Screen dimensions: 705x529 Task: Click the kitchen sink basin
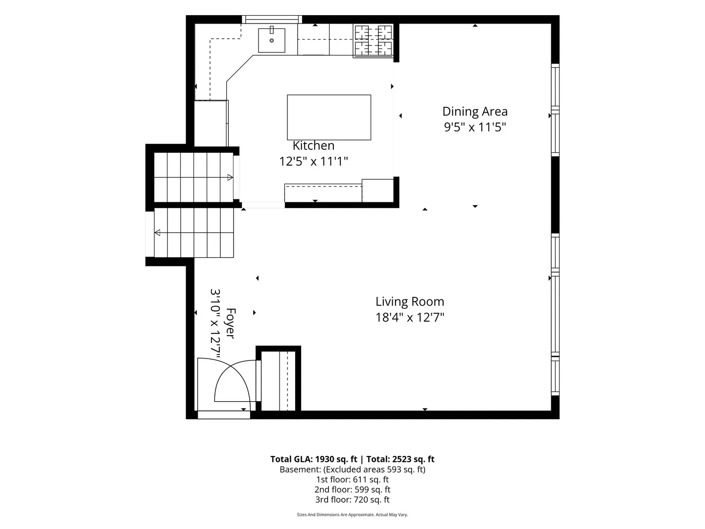(271, 41)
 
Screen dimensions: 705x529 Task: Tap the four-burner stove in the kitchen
(373, 41)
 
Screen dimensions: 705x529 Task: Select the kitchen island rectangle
(329, 117)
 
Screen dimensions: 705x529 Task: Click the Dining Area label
(475, 112)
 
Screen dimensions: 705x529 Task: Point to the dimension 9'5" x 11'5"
(475, 127)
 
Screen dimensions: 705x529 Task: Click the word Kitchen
(313, 145)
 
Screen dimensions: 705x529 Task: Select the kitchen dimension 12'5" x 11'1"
(313, 161)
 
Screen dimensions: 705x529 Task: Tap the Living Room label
(410, 302)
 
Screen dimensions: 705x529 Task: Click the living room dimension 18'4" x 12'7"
(410, 317)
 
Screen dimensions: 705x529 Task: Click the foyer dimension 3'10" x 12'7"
(215, 323)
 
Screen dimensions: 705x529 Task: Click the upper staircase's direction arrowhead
(230, 177)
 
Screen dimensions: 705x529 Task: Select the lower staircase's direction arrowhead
(157, 233)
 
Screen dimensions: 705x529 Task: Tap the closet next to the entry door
(278, 381)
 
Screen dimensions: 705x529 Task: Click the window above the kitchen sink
(272, 19)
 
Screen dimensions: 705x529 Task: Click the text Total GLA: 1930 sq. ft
(313, 459)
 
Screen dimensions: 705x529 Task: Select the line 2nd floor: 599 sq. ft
(352, 489)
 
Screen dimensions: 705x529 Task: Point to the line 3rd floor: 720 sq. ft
(352, 500)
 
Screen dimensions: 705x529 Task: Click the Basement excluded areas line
(352, 470)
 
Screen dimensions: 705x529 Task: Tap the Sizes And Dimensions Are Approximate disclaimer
(352, 514)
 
